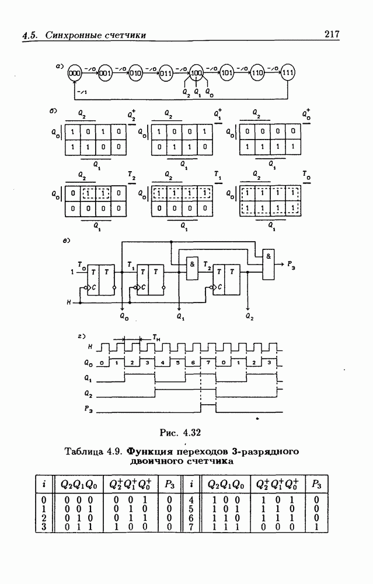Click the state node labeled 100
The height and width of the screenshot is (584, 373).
[197, 73]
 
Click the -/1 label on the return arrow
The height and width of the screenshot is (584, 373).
[82, 92]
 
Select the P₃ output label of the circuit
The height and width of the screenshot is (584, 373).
[292, 264]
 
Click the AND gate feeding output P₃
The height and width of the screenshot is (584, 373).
[268, 263]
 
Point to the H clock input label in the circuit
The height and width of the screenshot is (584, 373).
[69, 302]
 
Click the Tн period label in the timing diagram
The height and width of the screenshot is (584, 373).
[156, 337]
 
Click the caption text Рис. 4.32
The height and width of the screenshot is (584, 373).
[180, 432]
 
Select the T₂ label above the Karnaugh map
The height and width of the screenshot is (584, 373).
[131, 175]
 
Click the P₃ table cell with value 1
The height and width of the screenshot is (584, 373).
[316, 529]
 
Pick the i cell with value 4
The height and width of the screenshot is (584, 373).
[191, 500]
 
